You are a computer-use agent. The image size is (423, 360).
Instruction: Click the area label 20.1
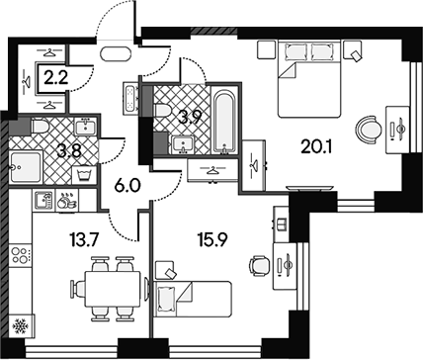point(316,146)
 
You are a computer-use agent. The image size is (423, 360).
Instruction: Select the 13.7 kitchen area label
point(84,239)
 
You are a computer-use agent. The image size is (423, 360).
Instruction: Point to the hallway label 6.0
point(127,186)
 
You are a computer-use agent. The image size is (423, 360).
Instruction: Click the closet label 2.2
point(56,78)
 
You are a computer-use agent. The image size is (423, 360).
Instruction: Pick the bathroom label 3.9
point(190,118)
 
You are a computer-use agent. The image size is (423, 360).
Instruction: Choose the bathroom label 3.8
point(69,152)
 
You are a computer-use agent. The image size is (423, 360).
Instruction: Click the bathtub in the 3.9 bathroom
point(224,121)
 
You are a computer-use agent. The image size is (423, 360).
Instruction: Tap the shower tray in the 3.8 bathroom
point(26,167)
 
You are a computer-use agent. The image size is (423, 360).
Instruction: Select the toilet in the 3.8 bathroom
point(41,127)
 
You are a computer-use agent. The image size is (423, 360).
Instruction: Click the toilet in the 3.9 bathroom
point(162,111)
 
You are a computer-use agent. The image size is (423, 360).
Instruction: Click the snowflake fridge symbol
point(21,326)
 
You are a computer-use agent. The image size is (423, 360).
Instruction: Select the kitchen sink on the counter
point(43,200)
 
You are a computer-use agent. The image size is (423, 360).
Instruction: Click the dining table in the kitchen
point(113,289)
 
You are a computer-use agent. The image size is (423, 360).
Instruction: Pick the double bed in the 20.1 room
point(308,78)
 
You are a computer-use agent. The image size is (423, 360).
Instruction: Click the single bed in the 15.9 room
point(193,299)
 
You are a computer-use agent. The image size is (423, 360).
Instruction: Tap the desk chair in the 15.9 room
point(260,266)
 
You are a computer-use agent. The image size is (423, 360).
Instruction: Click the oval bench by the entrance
point(116,54)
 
